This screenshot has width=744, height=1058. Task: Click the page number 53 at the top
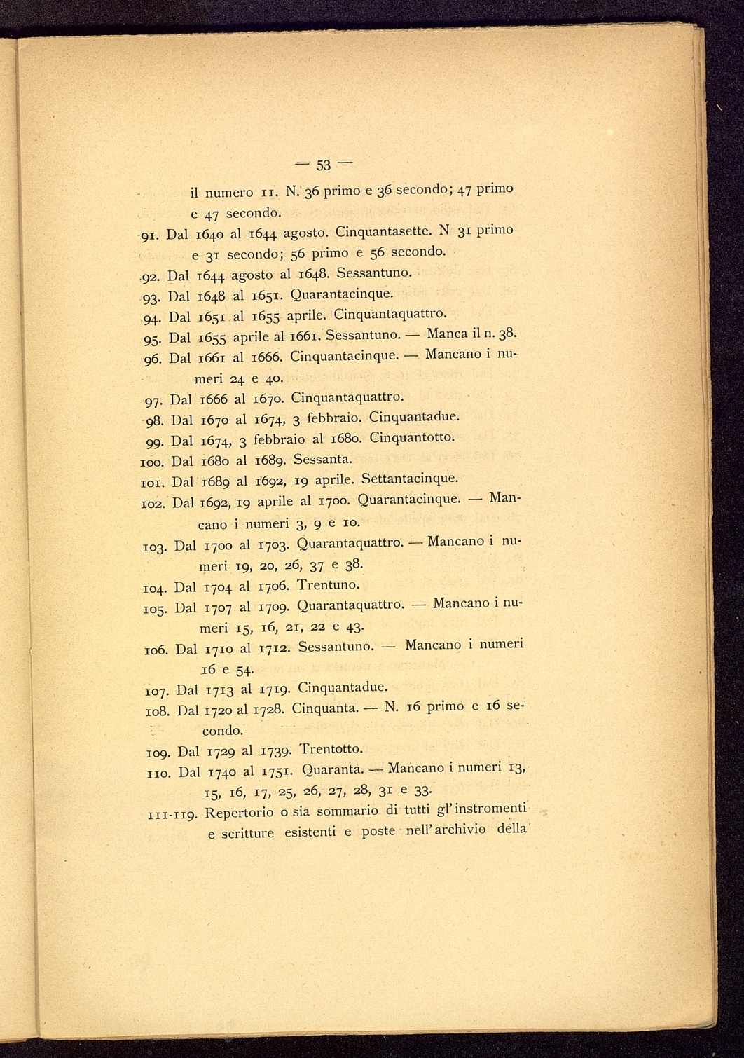(x=323, y=166)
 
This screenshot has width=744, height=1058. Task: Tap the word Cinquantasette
(x=380, y=230)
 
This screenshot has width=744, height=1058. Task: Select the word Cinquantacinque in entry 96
(x=337, y=356)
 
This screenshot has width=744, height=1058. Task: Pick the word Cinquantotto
(x=412, y=438)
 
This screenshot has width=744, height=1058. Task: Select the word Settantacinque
(x=410, y=479)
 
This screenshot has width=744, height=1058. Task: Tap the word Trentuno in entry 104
(x=329, y=584)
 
